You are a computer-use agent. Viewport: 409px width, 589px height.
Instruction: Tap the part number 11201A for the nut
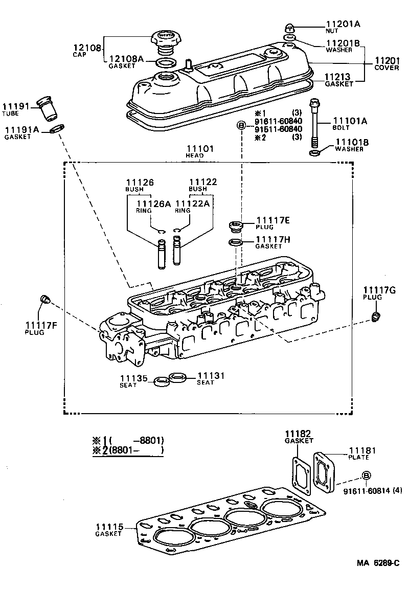coord(343,24)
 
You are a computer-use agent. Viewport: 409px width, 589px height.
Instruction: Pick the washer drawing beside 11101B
coord(315,152)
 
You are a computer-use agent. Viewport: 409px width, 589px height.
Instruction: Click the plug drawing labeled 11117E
coord(236,225)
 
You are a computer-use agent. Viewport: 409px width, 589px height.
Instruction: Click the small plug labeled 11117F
coord(44,299)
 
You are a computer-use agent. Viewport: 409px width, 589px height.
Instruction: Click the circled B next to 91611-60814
coord(366,476)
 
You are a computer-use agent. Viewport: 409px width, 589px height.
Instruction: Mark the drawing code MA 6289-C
coord(378,563)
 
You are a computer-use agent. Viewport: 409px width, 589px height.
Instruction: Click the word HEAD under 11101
coord(195,155)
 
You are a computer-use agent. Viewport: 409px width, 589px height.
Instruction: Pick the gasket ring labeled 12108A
coord(164,63)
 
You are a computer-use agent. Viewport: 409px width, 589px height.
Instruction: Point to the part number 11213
coord(339,78)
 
